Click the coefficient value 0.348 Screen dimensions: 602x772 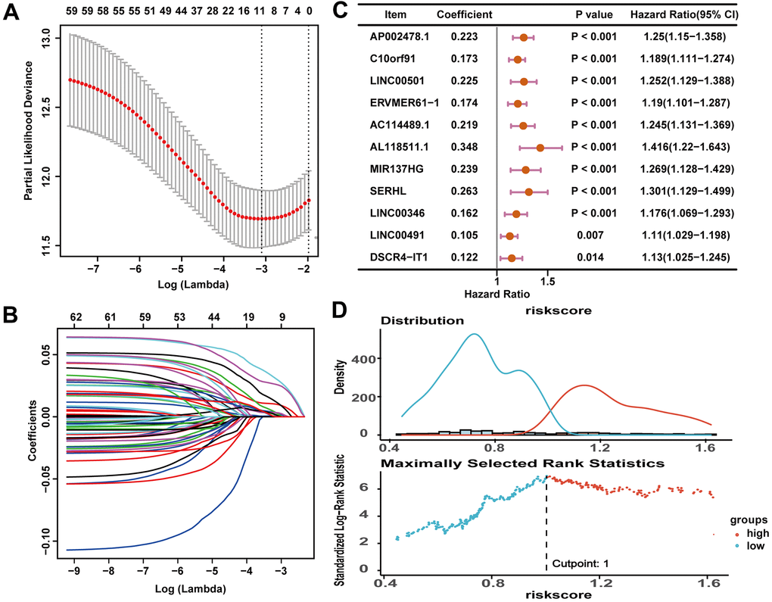tap(463, 146)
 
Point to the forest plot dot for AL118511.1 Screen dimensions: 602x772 tap(540, 146)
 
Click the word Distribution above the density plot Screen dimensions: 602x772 tap(422, 320)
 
